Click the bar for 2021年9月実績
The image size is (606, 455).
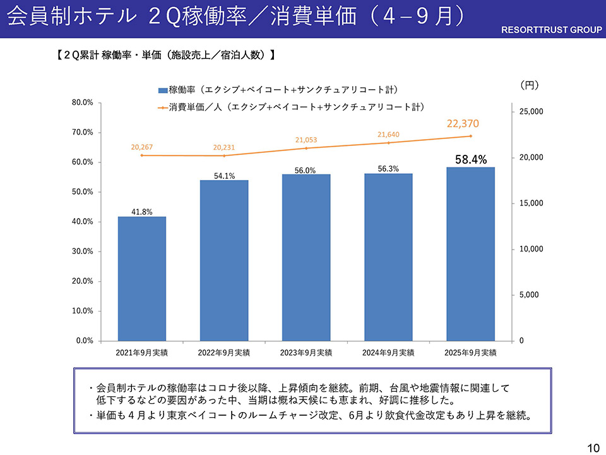[142, 278]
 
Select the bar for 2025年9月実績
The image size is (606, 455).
[470, 253]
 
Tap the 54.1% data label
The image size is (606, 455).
[224, 176]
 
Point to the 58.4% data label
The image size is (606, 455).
[470, 160]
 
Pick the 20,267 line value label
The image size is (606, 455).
[142, 147]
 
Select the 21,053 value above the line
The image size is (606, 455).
[306, 140]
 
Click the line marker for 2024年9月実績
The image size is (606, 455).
[389, 143]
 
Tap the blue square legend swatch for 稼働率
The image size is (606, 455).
[163, 90]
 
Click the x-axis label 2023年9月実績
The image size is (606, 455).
[306, 353]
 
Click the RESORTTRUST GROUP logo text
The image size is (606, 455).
[552, 30]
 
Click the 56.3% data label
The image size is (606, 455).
[389, 169]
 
